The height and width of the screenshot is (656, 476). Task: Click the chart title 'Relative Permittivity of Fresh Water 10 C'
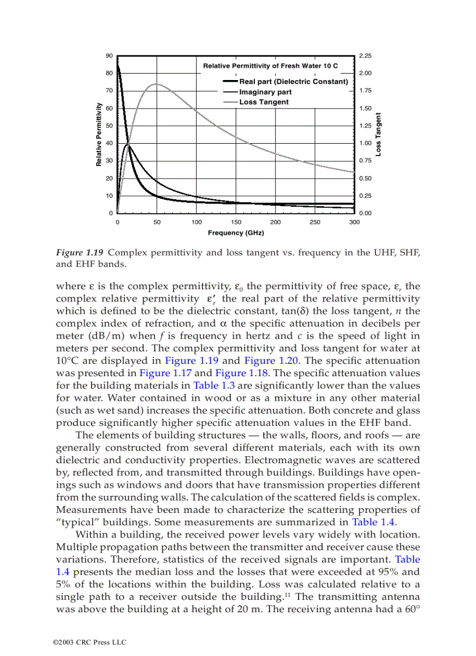click(270, 66)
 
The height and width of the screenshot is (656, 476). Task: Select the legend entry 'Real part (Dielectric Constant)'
click(293, 82)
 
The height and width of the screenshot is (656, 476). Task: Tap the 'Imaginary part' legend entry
click(265, 92)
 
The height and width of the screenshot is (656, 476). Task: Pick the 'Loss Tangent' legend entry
click(264, 102)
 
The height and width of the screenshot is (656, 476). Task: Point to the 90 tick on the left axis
click(109, 55)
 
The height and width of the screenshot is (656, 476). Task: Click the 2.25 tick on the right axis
click(365, 55)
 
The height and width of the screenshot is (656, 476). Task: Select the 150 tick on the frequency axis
click(236, 223)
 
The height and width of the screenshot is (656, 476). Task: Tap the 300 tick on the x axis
click(354, 223)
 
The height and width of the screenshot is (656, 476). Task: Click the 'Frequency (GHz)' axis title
click(236, 233)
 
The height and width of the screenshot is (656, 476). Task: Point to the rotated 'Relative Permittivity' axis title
click(99, 134)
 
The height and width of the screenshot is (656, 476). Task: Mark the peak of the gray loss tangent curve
click(156, 84)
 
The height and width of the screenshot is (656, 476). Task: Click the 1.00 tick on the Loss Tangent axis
click(365, 143)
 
